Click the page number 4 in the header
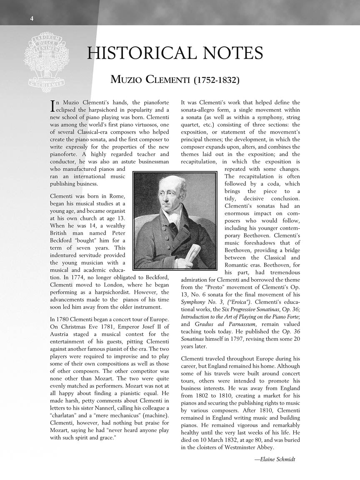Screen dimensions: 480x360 click(32, 18)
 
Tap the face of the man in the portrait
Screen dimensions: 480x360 click(169, 195)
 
